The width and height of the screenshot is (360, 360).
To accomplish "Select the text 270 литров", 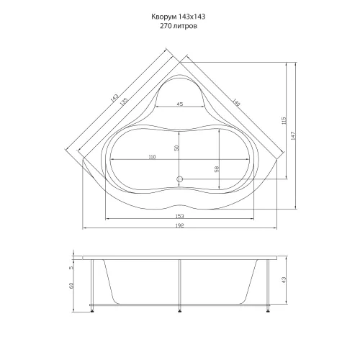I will pos(180,25).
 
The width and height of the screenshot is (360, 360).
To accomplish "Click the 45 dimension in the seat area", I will pos(179,104).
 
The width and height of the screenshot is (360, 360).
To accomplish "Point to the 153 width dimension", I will pos(179,215).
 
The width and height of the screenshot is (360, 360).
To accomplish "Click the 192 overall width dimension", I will pos(179,227).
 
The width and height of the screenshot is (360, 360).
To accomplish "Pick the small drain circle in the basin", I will pos(180,178).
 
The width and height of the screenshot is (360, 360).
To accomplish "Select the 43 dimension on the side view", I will pos(284,279).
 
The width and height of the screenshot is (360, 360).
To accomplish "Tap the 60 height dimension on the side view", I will pos(72,286).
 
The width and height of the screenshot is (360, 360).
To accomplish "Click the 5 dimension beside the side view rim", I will pos(72,268).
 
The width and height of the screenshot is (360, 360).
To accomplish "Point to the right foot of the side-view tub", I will pos(268,310).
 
